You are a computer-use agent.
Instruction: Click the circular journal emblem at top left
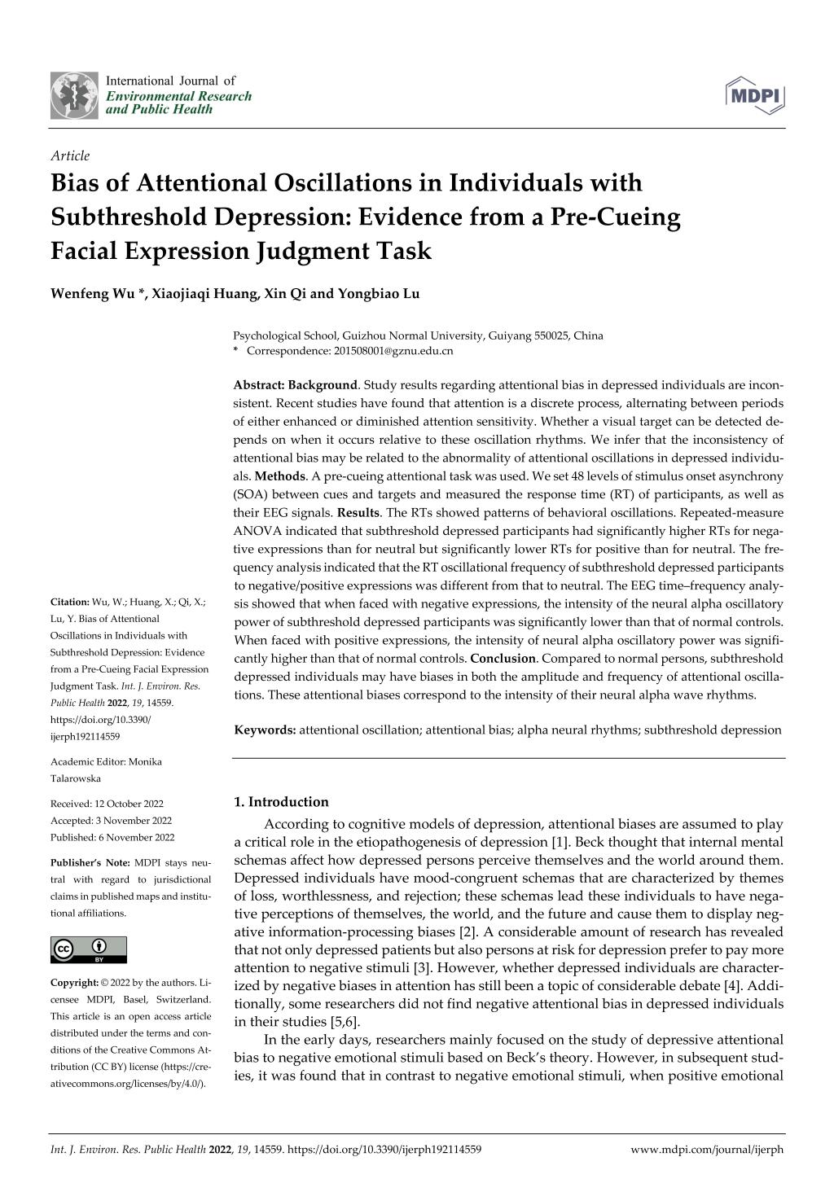click(x=74, y=94)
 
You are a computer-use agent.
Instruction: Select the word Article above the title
click(x=70, y=156)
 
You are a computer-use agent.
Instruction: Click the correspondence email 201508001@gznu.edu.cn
click(x=393, y=351)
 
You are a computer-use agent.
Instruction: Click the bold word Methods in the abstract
click(x=280, y=476)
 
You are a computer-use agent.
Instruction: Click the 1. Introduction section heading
click(x=281, y=802)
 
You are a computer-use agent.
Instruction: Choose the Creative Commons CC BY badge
click(x=89, y=949)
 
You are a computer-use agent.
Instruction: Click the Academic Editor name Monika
click(x=145, y=761)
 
